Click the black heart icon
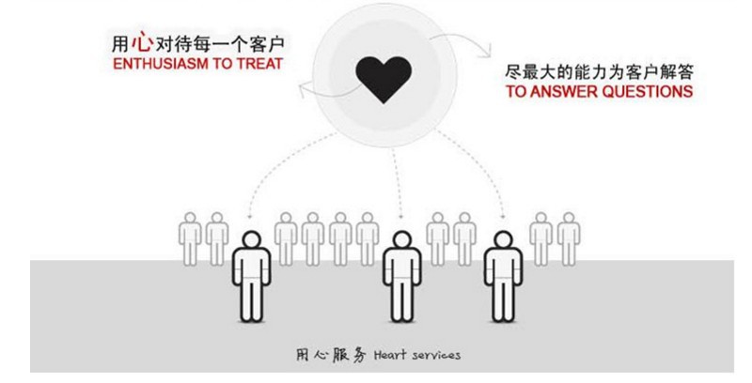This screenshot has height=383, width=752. (x=384, y=80)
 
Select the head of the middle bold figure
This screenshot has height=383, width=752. (x=401, y=240)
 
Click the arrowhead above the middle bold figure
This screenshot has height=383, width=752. (x=401, y=215)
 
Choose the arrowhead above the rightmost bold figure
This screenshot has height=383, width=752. (x=503, y=215)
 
